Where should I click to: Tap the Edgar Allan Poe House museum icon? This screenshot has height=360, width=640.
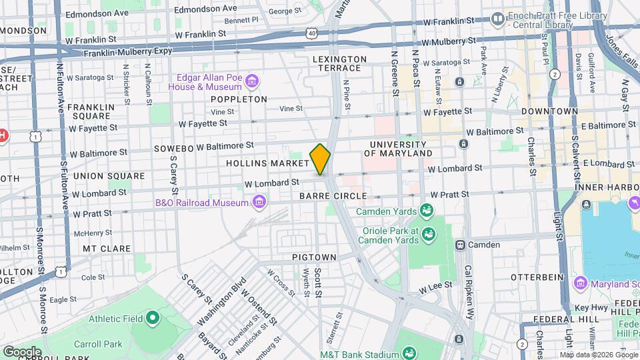point(252,82)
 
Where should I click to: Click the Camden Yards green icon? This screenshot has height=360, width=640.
point(426,212)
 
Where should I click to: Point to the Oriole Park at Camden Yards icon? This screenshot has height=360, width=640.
point(428,234)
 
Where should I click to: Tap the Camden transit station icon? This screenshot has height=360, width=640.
point(460,245)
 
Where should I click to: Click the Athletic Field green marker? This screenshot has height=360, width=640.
point(153,319)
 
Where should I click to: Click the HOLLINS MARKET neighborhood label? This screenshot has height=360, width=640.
point(267,163)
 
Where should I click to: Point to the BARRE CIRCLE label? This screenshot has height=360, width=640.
point(333,196)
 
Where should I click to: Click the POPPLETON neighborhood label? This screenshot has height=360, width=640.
point(239,99)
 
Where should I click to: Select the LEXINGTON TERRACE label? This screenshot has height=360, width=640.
point(339,64)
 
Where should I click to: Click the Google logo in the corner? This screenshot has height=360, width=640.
point(22,351)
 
